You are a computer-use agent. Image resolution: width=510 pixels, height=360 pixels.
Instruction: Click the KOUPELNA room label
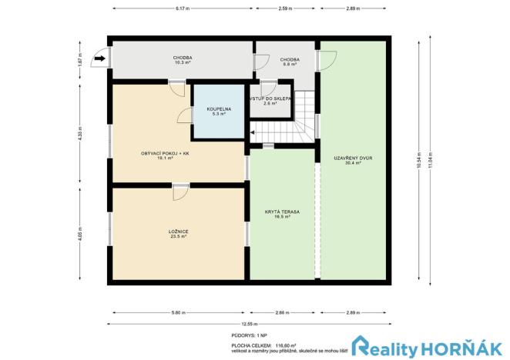click(216, 110)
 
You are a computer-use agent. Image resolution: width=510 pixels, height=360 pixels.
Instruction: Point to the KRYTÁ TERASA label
click(281, 213)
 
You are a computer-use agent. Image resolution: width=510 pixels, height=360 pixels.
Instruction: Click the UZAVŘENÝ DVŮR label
click(353, 159)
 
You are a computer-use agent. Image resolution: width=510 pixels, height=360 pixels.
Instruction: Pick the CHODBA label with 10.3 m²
click(183, 60)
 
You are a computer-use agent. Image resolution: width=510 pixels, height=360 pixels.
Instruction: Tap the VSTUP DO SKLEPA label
click(269, 101)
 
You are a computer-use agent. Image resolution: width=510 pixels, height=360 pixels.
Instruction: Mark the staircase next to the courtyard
click(307, 116)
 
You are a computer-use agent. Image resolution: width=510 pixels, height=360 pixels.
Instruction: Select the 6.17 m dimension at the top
click(182, 8)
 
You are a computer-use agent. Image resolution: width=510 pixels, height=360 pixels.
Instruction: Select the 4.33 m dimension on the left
click(79, 132)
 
